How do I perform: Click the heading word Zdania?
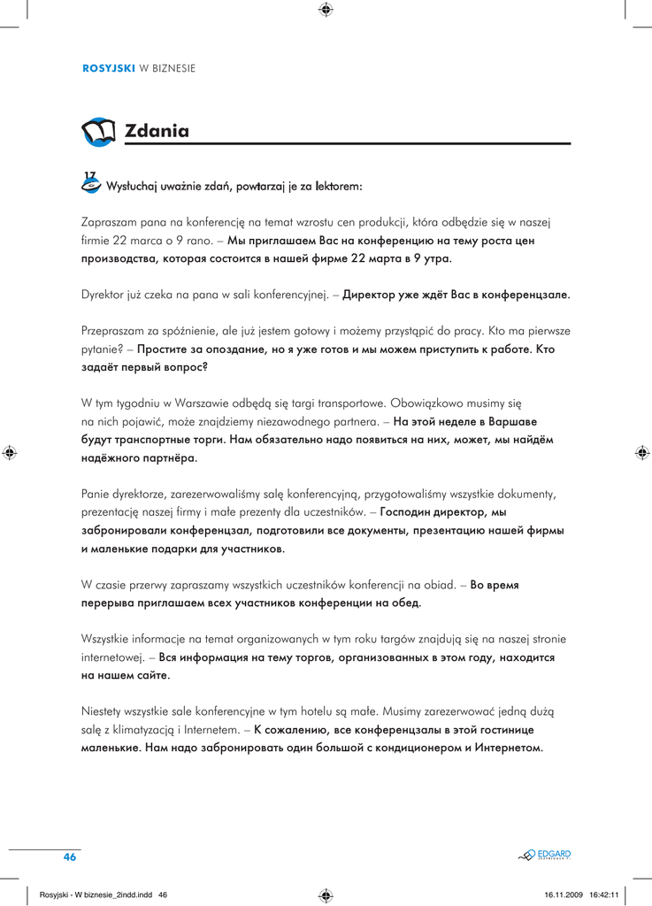tap(157, 132)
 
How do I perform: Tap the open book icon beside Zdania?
tap(98, 132)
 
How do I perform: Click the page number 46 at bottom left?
tap(70, 857)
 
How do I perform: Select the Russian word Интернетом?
tap(508, 748)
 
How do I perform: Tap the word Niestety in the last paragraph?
tap(104, 710)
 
